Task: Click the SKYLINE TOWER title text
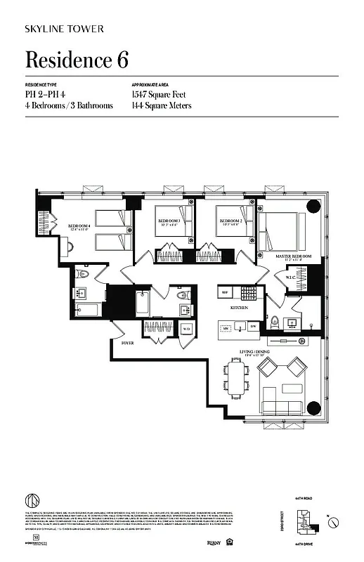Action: (65, 29)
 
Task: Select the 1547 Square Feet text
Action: (161, 93)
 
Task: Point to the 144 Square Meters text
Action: (161, 105)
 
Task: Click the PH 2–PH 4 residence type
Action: (49, 93)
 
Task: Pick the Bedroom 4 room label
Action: (79, 226)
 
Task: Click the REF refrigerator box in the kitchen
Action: (225, 292)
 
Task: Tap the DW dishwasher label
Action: (253, 325)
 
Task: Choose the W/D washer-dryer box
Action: (187, 327)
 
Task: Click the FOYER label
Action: (127, 344)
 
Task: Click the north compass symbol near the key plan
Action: (336, 522)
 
